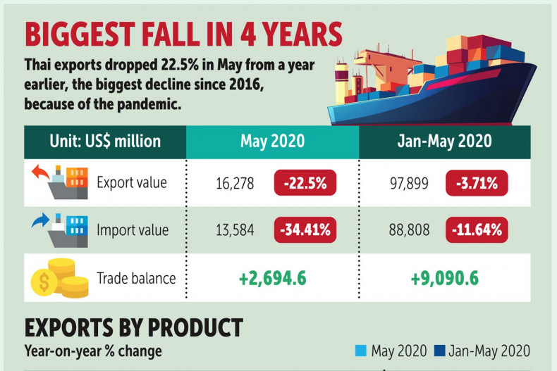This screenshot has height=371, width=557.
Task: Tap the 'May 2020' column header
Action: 272,141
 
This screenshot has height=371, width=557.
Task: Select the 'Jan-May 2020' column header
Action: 444,141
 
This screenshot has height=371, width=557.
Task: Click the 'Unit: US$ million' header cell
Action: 105,141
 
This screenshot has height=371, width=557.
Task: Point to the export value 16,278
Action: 235,184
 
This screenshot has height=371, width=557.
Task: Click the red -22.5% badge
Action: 305,184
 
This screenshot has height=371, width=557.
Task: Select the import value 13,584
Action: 235,229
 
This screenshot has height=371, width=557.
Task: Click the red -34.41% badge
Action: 305,229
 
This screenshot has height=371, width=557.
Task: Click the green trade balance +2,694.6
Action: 272,278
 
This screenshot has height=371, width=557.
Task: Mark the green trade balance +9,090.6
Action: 444,278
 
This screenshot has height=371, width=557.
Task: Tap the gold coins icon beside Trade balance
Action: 59,278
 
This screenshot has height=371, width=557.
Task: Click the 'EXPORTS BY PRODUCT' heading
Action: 134,327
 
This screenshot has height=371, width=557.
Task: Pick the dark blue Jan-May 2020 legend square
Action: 440,351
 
